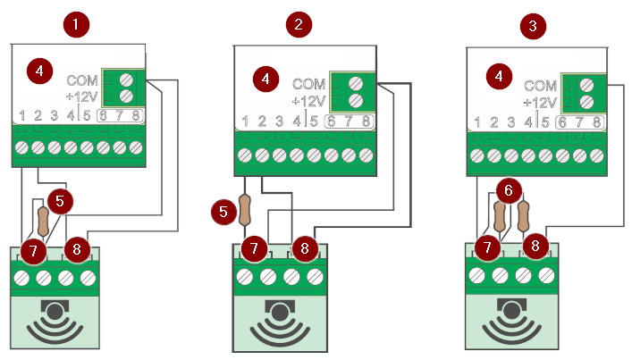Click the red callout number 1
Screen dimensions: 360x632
(x=78, y=24)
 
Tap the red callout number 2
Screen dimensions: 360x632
(x=298, y=24)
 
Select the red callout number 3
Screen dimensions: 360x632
(x=534, y=25)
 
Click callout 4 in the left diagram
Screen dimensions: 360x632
(x=38, y=70)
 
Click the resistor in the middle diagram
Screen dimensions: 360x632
(x=245, y=211)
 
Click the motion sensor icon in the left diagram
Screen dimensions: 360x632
(x=55, y=322)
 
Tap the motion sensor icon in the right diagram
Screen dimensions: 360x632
(x=512, y=322)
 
